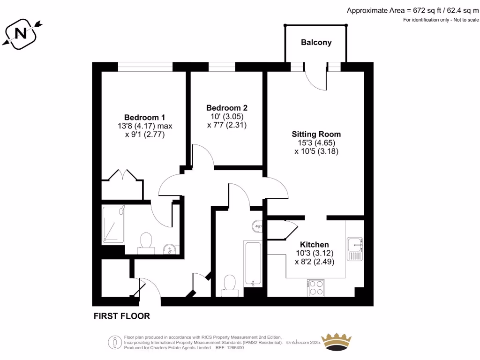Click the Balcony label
316,42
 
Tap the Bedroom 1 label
144,117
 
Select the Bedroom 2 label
227,108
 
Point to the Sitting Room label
316,134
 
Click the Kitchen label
314,245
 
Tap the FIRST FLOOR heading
122,316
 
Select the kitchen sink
355,249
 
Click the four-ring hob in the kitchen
315,287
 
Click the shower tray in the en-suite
113,225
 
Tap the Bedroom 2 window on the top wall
222,67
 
